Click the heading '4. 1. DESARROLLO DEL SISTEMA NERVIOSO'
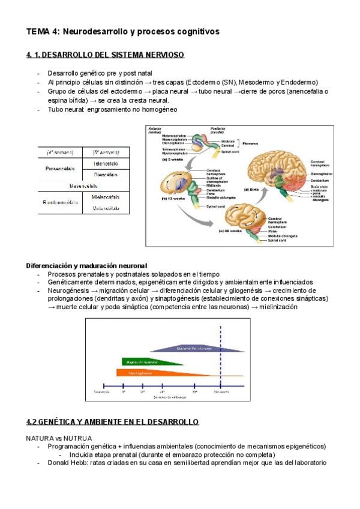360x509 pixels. tap(105, 55)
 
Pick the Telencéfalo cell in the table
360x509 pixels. tap(106, 163)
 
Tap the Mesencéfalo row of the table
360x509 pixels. tap(83, 186)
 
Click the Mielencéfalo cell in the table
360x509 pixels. tap(106, 197)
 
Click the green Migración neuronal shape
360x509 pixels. tap(151, 361)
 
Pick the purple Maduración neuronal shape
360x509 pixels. tap(198, 348)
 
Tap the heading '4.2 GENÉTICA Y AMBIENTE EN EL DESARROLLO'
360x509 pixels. tap(112, 422)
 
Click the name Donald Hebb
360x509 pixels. tap(68, 463)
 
